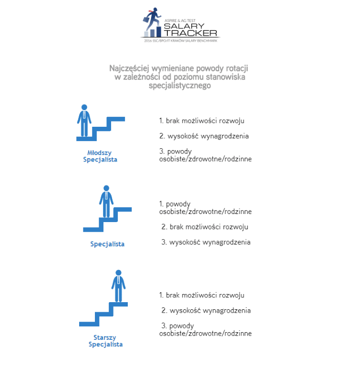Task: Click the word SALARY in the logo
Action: pos(184,26)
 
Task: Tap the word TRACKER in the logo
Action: pos(190,33)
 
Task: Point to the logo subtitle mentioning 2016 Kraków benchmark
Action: pos(181,41)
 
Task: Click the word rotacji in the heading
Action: pos(237,69)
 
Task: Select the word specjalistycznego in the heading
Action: pos(180,86)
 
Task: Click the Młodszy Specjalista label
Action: pos(100,156)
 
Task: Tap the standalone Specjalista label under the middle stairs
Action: pos(107,244)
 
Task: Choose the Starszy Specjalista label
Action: pos(105,341)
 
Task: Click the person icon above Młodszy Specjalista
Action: pos(84,121)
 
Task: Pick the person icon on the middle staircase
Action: pos(106,201)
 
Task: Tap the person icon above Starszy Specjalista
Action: pos(118,286)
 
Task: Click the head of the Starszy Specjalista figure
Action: pos(118,273)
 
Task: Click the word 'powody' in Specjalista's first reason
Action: pos(178,204)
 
